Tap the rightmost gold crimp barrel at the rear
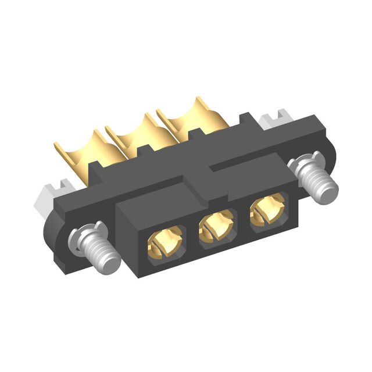coord(186,116)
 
